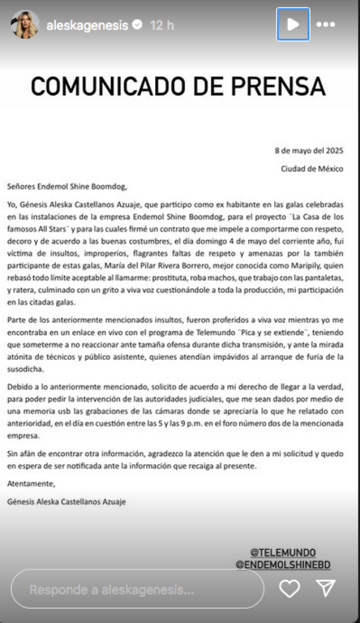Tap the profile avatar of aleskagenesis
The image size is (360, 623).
(25, 25)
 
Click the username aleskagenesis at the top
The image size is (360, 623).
(87, 25)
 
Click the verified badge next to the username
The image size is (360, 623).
(137, 25)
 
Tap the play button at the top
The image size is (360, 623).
(293, 25)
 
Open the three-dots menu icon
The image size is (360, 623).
(325, 25)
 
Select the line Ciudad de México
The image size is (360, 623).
(313, 169)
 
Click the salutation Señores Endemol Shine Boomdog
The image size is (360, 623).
(68, 187)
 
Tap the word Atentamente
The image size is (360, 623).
(31, 484)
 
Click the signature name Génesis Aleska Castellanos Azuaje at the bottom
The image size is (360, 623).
(67, 501)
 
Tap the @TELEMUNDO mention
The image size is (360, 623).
(283, 552)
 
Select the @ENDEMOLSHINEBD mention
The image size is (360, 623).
(283, 564)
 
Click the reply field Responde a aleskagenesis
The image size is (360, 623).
(137, 589)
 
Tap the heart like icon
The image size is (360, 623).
(290, 588)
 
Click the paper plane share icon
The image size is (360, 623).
(325, 588)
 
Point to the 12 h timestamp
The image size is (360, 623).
(162, 25)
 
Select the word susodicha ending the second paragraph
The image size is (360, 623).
(26, 369)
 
